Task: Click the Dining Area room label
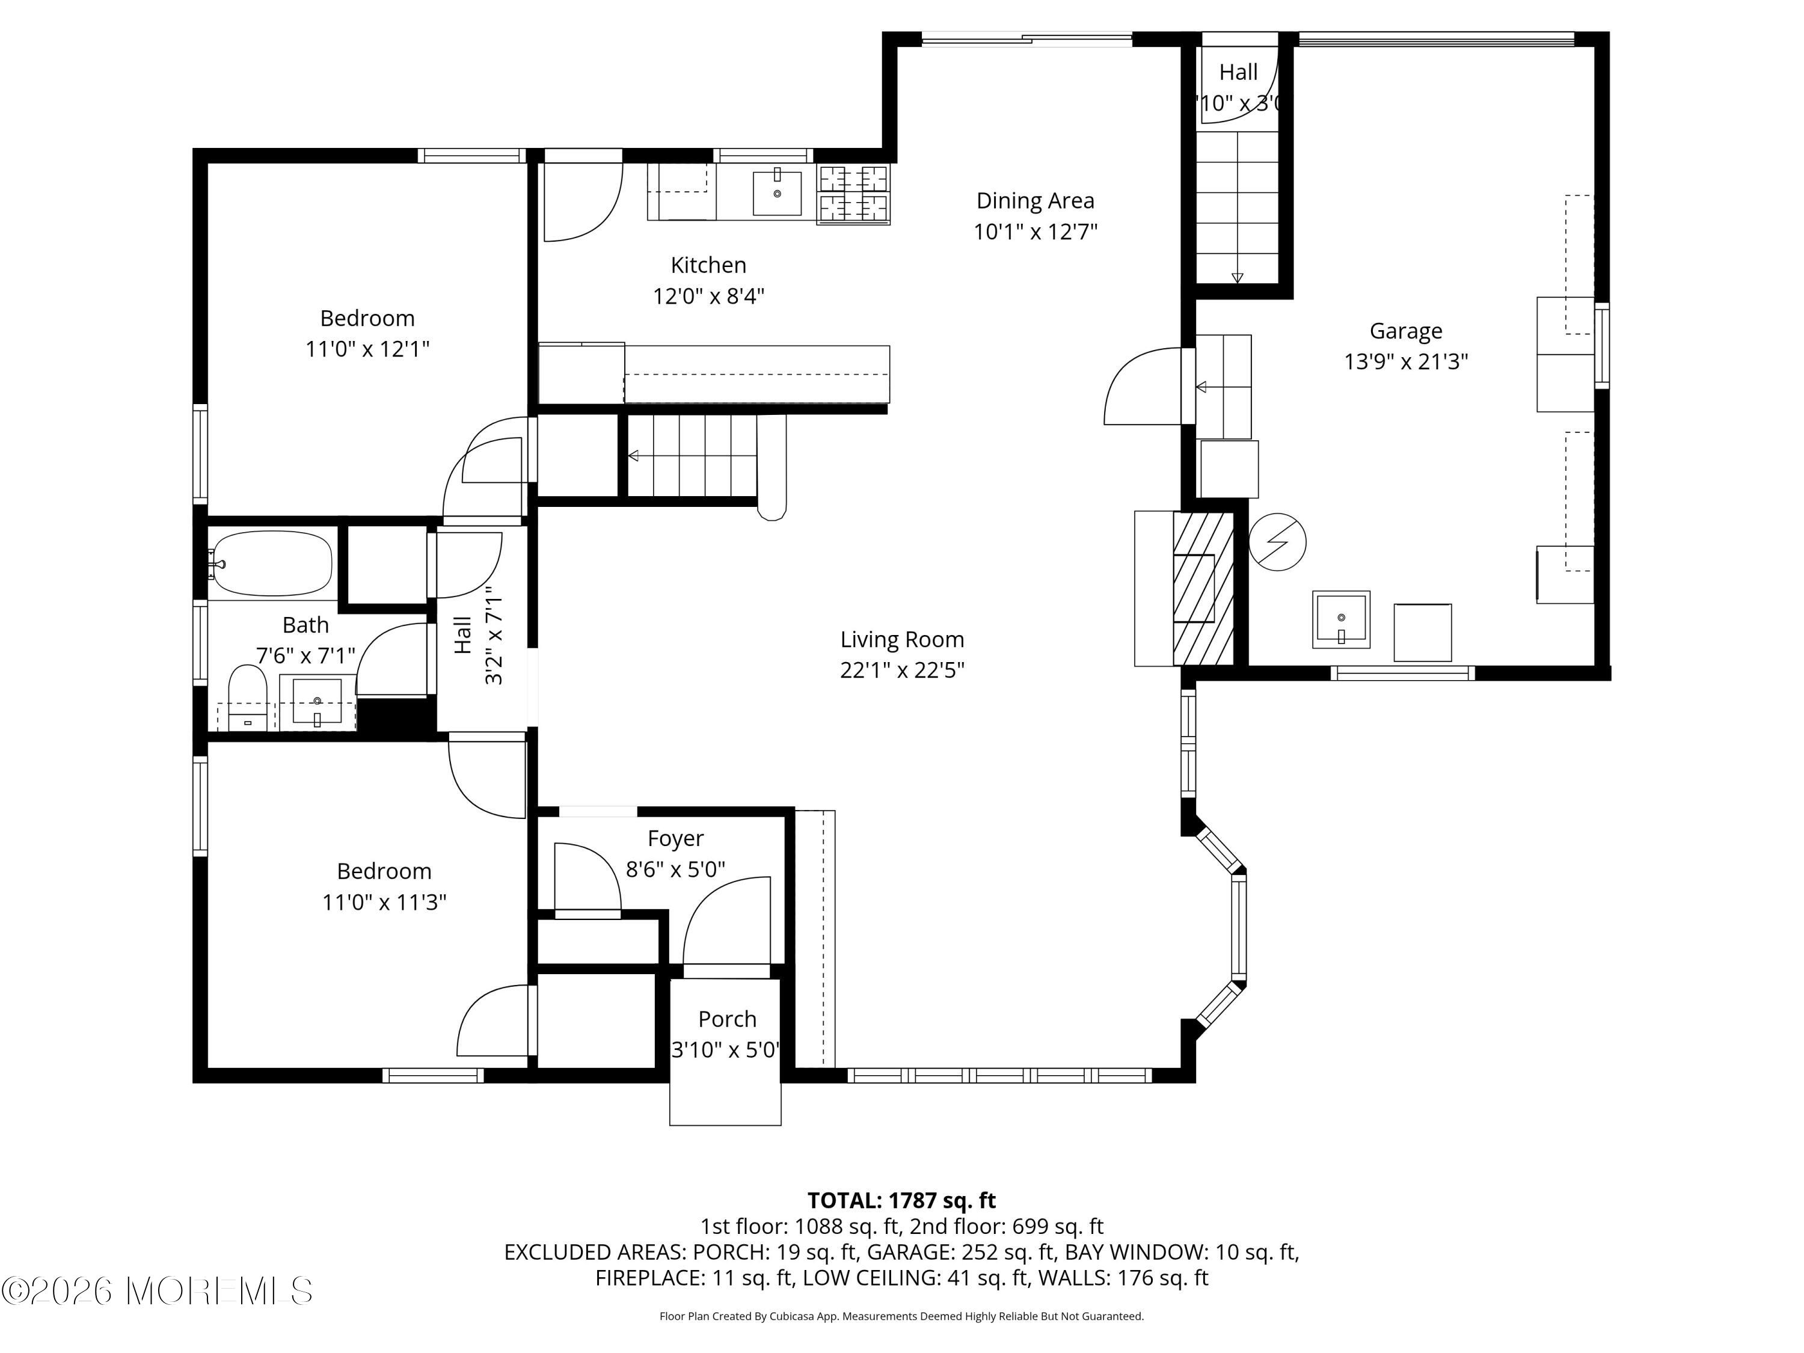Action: point(1035,201)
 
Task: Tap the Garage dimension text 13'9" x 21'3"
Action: point(1406,361)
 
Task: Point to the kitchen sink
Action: point(776,193)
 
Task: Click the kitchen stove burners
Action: point(853,194)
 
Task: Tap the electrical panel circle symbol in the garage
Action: point(1277,542)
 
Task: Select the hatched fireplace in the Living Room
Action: point(1203,588)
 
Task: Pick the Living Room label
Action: point(902,639)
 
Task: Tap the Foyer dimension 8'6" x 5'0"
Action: point(675,870)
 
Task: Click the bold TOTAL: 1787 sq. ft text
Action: point(901,1200)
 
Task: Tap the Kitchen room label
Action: point(708,265)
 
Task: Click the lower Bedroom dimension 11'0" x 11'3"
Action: point(384,903)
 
